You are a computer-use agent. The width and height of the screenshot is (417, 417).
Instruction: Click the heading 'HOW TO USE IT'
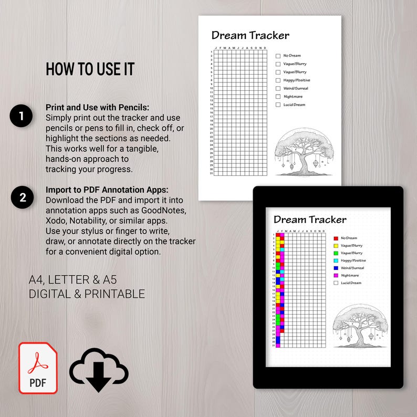coord(90,69)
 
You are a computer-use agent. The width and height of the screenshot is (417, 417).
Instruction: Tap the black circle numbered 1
coord(22,116)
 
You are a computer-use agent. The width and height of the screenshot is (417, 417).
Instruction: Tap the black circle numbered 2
coord(22,197)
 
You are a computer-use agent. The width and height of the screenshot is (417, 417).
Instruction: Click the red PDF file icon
coord(38,368)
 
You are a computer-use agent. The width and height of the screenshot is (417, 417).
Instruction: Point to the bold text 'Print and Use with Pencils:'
coord(97,107)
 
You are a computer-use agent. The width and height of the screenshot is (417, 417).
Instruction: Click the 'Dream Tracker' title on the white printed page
coord(250,36)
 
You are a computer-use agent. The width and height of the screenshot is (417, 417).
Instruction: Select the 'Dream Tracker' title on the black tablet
coord(310,219)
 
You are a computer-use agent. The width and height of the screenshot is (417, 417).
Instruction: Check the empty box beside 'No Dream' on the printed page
coord(278,56)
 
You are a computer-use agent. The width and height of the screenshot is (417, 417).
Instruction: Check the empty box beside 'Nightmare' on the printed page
coord(278,97)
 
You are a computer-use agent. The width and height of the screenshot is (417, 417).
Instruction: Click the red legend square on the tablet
coord(336,238)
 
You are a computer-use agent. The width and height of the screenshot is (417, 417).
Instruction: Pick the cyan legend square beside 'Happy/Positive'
coord(336,260)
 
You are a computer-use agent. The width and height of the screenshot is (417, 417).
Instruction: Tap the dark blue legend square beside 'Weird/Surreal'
coord(336,268)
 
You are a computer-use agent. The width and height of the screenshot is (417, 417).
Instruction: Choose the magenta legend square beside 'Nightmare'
coord(336,275)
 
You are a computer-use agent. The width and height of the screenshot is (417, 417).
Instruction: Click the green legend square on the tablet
coord(336,253)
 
